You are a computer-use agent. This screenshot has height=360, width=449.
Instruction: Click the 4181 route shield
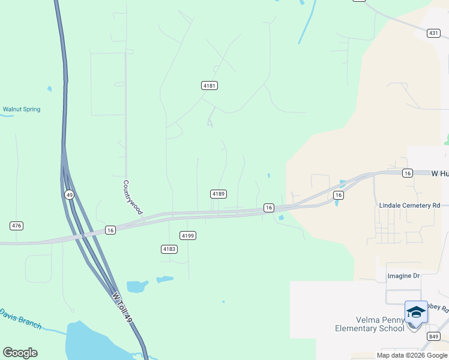tap(209, 86)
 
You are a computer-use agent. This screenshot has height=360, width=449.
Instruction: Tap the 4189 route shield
tap(218, 194)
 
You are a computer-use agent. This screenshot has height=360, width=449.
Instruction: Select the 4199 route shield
tap(188, 236)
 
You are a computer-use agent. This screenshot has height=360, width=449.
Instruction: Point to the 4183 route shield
tap(169, 248)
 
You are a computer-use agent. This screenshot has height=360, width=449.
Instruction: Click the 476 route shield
tap(16, 226)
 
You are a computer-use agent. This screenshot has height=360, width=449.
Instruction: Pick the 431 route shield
tap(434, 34)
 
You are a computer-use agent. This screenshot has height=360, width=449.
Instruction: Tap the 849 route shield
tap(433, 337)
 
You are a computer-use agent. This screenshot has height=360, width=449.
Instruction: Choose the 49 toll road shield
tap(70, 194)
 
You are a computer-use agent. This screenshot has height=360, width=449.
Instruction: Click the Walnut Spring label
tap(22, 109)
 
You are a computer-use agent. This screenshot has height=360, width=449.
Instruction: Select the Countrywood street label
tap(133, 197)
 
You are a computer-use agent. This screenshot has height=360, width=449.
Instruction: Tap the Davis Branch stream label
tap(20, 319)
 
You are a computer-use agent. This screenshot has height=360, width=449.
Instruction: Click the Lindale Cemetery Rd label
tap(409, 205)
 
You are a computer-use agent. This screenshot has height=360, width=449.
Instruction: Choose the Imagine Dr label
tap(403, 276)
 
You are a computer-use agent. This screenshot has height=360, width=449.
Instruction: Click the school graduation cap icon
tap(416, 312)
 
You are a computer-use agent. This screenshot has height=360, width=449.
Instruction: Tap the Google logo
tap(20, 353)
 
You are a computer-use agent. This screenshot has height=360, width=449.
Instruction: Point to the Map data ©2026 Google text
tap(412, 355)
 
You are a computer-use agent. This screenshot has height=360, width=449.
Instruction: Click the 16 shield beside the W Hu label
tap(408, 173)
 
